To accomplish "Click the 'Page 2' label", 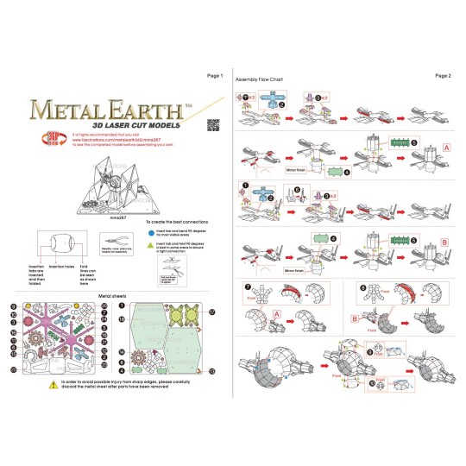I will [x=443, y=76].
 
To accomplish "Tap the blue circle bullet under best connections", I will [x=150, y=230].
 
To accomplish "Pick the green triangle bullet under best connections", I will [x=150, y=246].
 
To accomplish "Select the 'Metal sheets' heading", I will [x=115, y=294].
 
